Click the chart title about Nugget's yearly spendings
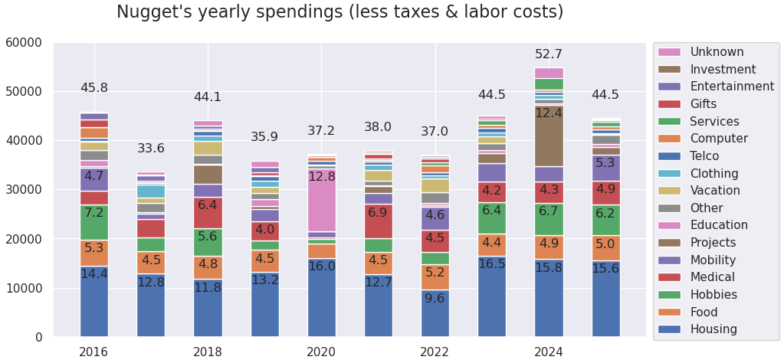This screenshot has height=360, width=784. coord(340,12)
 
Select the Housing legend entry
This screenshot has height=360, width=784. coord(713,329)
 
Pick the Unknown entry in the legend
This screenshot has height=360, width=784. coord(716,52)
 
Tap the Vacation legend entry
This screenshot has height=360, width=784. coord(714,191)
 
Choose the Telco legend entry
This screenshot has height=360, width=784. coord(709,155)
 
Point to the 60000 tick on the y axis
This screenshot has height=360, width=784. coord(24,43)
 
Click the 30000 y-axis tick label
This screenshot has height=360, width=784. coord(24,190)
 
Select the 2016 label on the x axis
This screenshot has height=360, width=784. coord(93,352)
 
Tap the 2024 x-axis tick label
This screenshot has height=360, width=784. coord(548,352)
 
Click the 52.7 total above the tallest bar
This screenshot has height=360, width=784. coord(548,54)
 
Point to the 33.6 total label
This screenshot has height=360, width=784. coord(151,149)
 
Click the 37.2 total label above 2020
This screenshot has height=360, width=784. coord(321,131)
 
